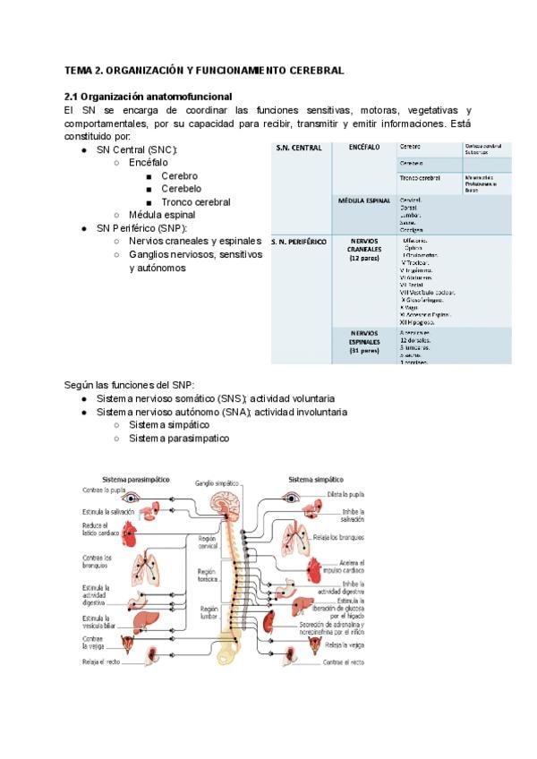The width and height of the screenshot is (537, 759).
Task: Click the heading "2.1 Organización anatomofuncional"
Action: pyautogui.click(x=148, y=96)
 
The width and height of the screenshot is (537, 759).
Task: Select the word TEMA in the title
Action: pyautogui.click(x=79, y=70)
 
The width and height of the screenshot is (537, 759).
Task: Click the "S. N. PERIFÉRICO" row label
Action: pyautogui.click(x=299, y=242)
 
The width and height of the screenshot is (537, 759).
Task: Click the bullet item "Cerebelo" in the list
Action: pyautogui.click(x=181, y=189)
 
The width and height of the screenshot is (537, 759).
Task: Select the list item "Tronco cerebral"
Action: pyautogui.click(x=195, y=202)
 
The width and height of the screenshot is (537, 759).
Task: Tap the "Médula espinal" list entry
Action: pyautogui.click(x=162, y=215)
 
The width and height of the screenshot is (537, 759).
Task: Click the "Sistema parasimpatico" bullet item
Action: pyautogui.click(x=178, y=439)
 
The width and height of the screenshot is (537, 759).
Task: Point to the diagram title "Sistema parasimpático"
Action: pyautogui.click(x=136, y=479)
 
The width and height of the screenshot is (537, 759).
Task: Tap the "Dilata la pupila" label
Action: pyautogui.click(x=345, y=494)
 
